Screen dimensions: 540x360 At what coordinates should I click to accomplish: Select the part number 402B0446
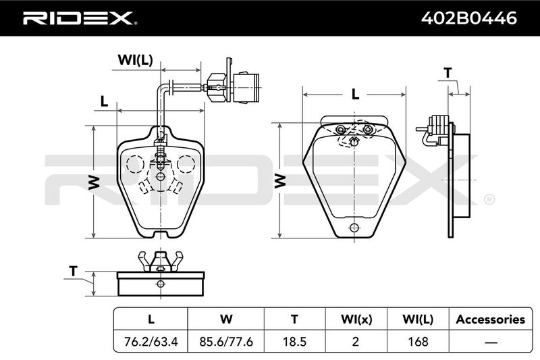469,18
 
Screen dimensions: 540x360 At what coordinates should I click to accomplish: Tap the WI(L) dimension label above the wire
135,60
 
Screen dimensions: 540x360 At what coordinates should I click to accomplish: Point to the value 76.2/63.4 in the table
151,341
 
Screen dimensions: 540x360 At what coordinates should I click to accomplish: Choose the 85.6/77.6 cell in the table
226,341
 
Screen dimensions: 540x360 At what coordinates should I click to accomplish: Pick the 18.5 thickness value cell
294,341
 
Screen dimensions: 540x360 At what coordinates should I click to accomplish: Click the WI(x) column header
356,319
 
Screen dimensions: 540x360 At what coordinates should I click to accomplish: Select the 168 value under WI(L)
418,341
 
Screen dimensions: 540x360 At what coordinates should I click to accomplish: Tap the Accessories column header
491,319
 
